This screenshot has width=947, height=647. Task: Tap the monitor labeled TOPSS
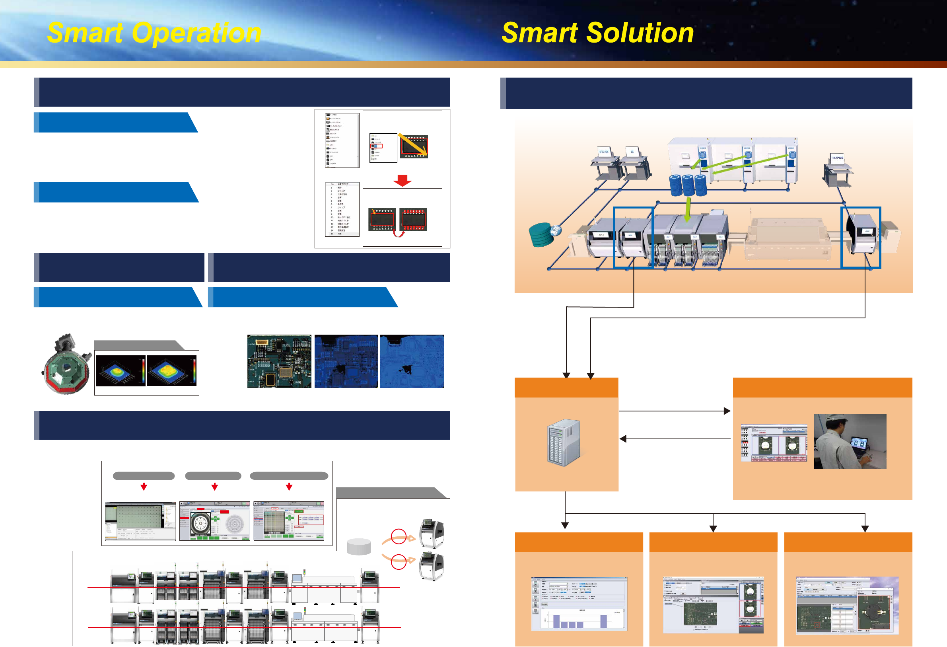pos(837,158)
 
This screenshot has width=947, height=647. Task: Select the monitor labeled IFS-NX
pos(603,152)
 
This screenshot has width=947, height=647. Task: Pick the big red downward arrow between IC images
pos(402,180)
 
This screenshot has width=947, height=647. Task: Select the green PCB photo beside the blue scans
pos(279,361)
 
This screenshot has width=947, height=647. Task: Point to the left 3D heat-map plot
pos(120,370)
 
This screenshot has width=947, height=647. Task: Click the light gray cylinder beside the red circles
pos(359,546)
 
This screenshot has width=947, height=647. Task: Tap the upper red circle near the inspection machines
pos(399,536)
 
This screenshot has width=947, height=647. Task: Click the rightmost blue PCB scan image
pos(412,361)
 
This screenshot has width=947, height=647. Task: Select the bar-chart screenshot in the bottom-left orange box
pos(579,604)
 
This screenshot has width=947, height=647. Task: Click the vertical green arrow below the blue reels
pos(688,209)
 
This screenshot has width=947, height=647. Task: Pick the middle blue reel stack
pos(688,185)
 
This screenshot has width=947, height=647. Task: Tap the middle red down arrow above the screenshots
pos(215,487)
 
